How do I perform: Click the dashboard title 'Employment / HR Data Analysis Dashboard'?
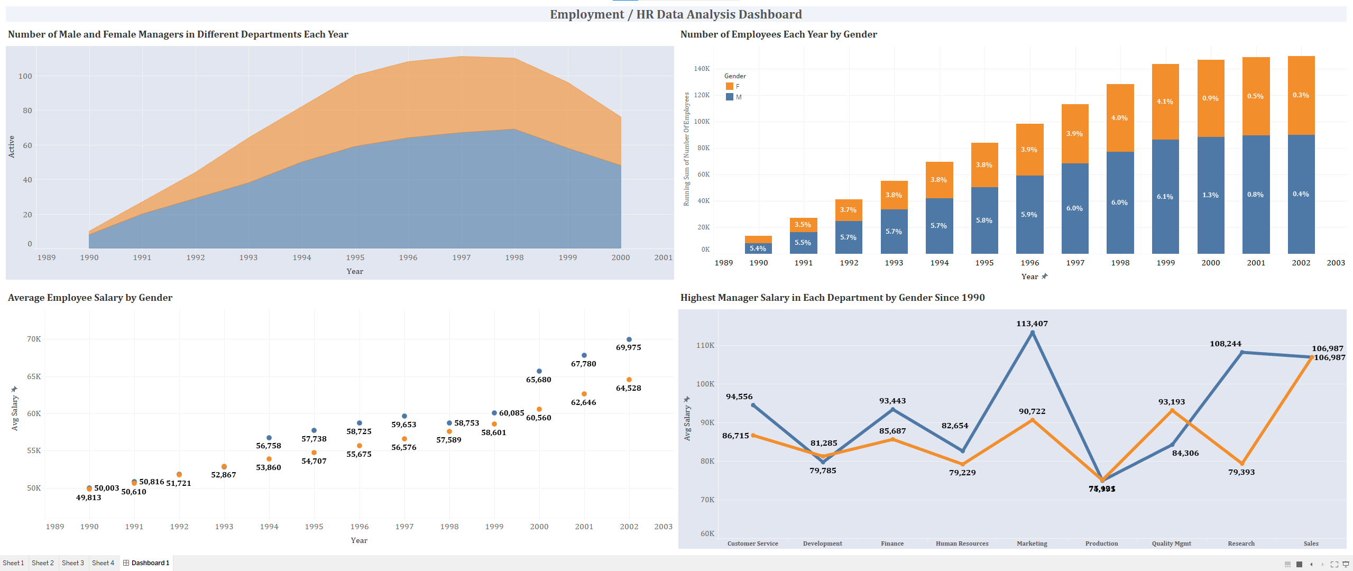[x=676, y=14]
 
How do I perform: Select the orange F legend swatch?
[x=730, y=86]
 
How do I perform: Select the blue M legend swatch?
[x=730, y=97]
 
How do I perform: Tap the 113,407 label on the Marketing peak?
[x=1032, y=324]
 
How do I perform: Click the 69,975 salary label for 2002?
[x=628, y=347]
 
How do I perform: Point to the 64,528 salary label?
[x=628, y=388]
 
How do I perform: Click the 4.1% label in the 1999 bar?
[x=1165, y=102]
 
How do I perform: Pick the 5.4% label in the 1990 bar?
[x=758, y=248]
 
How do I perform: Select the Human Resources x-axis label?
[x=962, y=544]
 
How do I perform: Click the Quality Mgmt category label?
[x=1171, y=544]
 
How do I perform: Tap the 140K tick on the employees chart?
[x=702, y=69]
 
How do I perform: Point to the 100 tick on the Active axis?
[x=25, y=76]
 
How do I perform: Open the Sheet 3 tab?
[x=73, y=563]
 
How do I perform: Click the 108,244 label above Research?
[x=1225, y=344]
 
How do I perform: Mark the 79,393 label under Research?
[x=1241, y=472]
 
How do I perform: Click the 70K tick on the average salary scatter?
[x=34, y=339]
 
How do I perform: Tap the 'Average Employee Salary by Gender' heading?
[x=90, y=298]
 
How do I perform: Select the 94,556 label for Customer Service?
[x=739, y=397]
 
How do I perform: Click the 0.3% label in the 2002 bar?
[x=1301, y=95]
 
